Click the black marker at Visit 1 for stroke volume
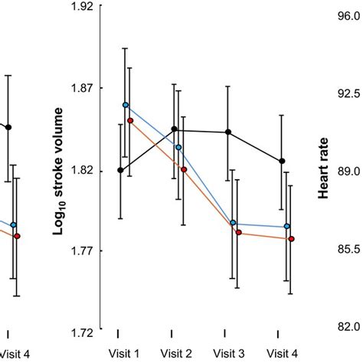[x=120, y=171]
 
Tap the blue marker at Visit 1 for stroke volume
[x=126, y=106]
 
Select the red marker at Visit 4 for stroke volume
[x=291, y=239]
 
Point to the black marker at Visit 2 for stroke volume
[x=174, y=129]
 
